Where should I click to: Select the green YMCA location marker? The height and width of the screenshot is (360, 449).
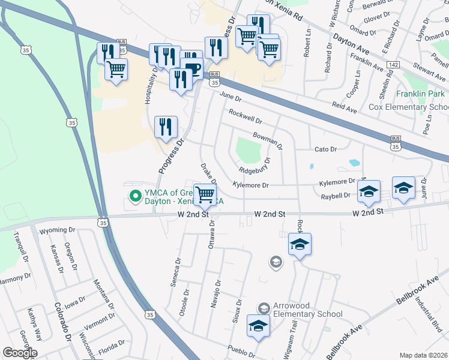136,195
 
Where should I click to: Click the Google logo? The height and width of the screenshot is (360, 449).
20,353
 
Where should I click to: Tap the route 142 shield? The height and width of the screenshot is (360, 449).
393,64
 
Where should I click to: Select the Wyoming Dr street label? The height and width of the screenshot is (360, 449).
56,230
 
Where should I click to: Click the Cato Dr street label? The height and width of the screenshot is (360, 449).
327,149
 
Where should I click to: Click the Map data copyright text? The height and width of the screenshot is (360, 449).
423,355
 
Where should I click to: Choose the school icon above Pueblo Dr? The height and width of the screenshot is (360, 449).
258,326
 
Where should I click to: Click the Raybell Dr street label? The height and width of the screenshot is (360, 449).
336,196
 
